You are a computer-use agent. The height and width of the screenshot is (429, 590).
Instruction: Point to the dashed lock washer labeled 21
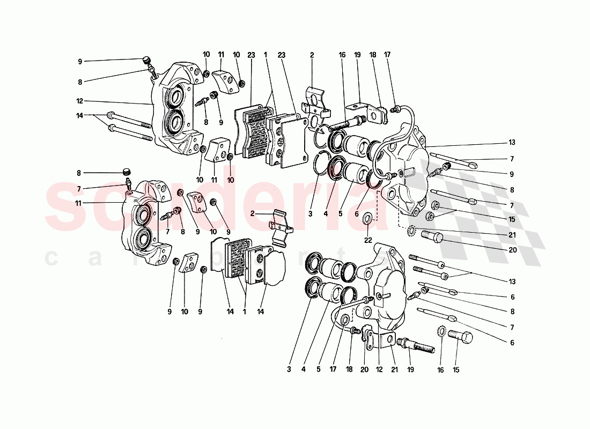pos(411,232)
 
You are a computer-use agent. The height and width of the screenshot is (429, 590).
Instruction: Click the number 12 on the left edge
pos(79,101)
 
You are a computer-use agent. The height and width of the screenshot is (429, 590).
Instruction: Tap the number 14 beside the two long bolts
pos(79,115)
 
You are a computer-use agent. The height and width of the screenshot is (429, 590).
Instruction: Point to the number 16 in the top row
pos(342,54)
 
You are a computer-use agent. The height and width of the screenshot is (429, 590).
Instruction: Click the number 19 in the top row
pos(357,54)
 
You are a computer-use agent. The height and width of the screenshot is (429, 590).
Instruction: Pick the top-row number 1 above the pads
pos(265,54)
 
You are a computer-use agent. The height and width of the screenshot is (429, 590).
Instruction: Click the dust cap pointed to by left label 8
pos(127,172)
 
